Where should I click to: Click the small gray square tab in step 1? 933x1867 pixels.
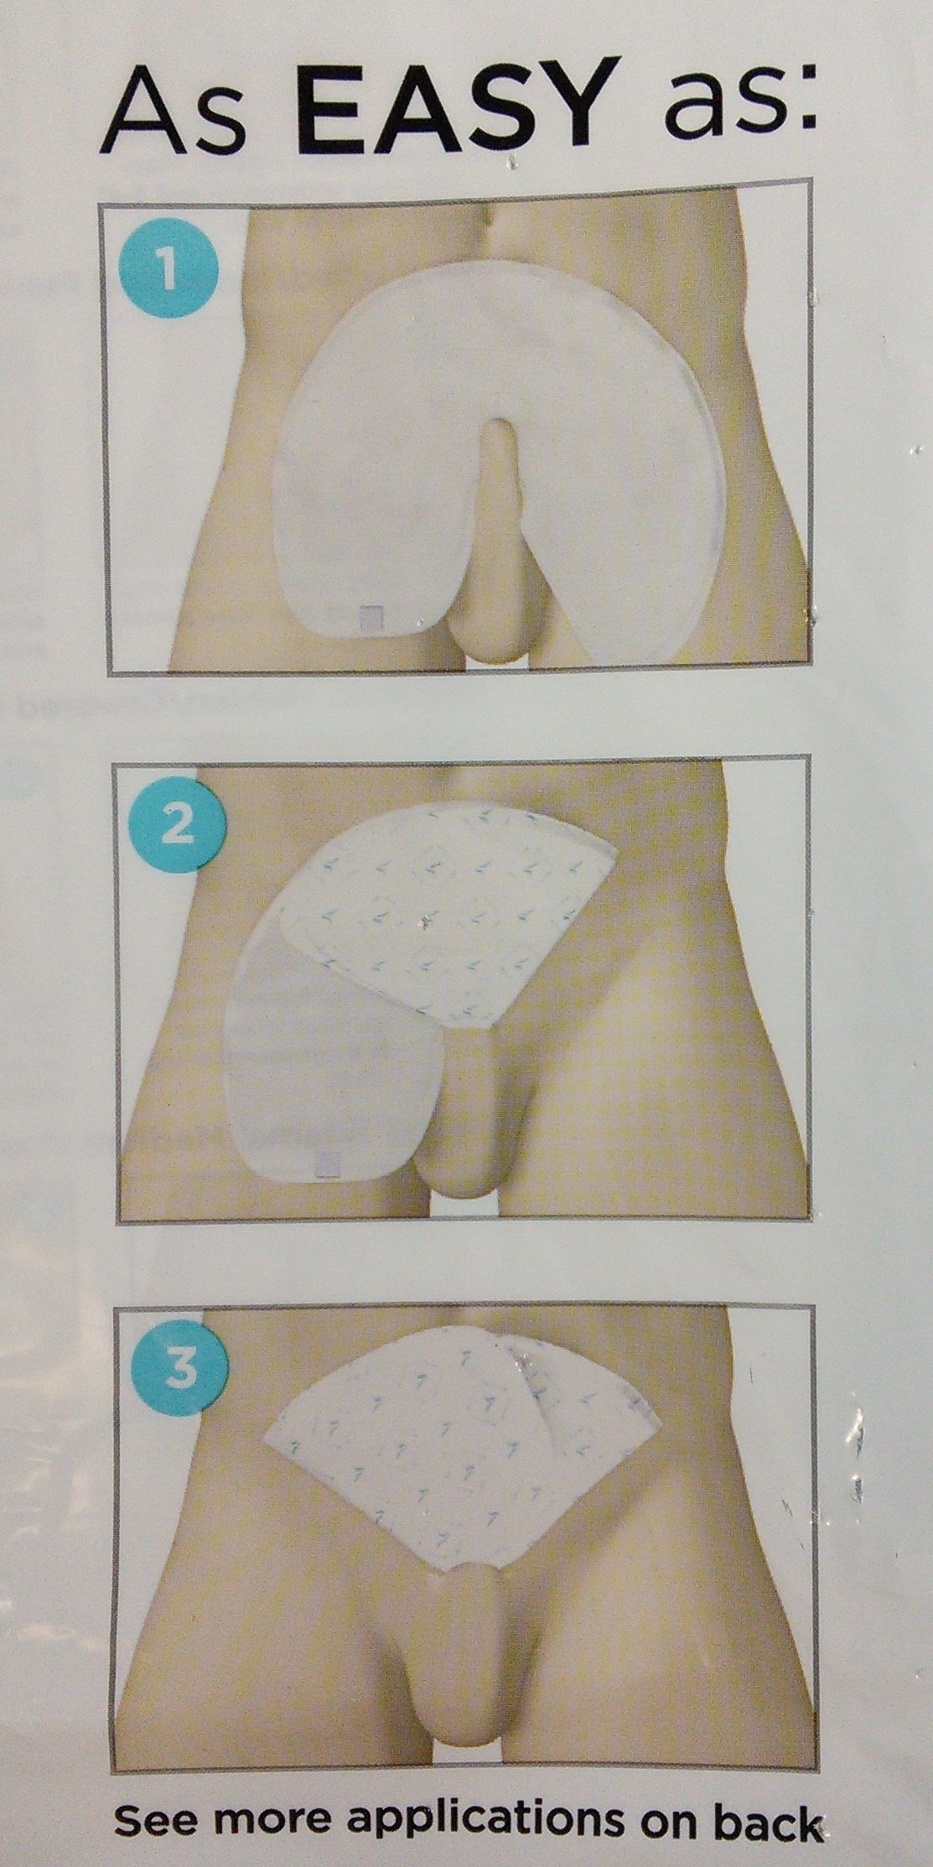(371, 617)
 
